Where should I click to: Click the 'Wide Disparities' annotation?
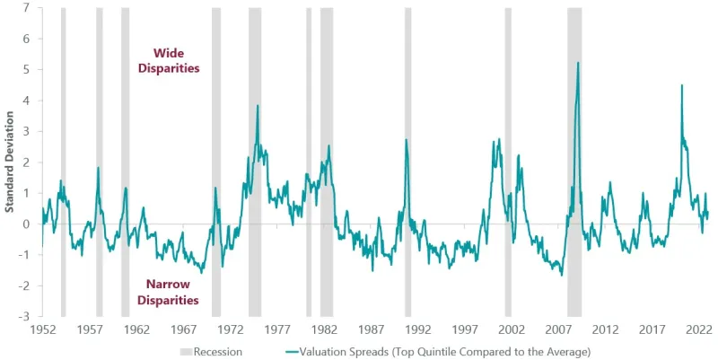pos(169,60)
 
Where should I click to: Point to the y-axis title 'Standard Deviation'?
pos(9,162)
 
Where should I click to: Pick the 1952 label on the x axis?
pos(43,329)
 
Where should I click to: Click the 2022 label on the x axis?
pos(699,329)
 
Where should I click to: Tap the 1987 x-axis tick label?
pos(372,329)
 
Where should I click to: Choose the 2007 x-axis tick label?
pos(558,329)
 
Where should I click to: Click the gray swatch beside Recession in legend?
pos(186,351)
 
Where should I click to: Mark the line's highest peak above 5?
pos(577,63)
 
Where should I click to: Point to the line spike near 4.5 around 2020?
pos(682,85)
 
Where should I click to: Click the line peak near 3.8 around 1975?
pos(258,106)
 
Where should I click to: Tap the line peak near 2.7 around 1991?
pos(406,140)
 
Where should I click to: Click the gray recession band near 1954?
pos(63,162)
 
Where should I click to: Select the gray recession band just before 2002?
pos(508,162)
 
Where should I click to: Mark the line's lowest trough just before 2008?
pos(562,275)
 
